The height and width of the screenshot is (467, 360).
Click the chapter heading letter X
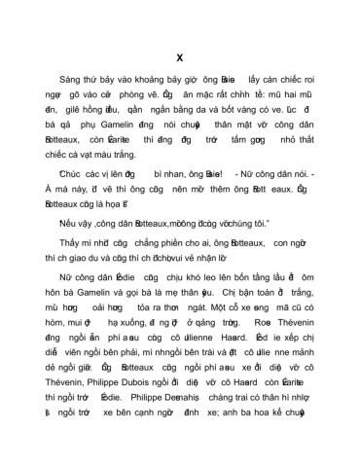point(179,54)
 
